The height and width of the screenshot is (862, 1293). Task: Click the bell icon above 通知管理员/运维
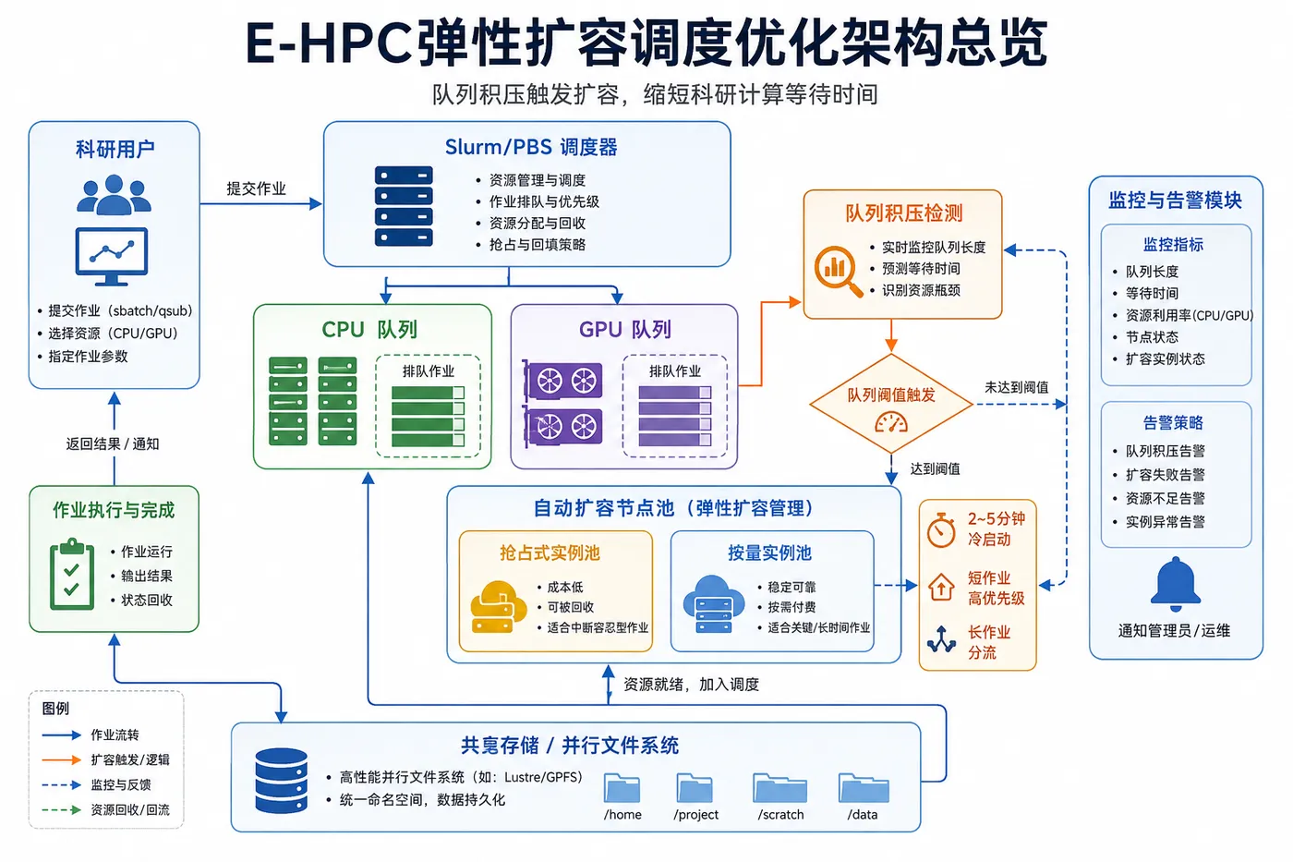(x=1175, y=584)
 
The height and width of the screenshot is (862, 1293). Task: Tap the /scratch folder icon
(x=779, y=787)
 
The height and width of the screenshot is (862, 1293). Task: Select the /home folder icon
(x=622, y=787)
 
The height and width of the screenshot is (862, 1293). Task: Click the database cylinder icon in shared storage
(x=281, y=781)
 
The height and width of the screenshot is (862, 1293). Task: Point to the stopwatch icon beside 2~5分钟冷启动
(x=941, y=530)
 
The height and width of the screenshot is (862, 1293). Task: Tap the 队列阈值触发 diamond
(x=891, y=403)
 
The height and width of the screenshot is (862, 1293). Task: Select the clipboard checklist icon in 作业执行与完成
(x=72, y=574)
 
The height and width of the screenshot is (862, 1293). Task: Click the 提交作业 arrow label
(x=256, y=188)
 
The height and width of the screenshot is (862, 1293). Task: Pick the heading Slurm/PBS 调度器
(x=531, y=147)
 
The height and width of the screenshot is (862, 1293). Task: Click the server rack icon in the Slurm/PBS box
(x=404, y=206)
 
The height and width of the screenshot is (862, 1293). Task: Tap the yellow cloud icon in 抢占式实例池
(x=498, y=606)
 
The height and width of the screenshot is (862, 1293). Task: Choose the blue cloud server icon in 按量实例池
(x=713, y=604)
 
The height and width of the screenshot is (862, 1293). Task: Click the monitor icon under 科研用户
(x=112, y=256)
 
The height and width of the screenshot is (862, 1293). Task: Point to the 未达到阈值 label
(x=1016, y=387)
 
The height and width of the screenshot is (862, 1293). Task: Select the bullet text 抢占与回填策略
(x=537, y=245)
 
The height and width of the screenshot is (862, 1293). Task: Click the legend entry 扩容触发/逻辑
(x=130, y=759)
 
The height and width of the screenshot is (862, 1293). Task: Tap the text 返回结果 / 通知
(x=113, y=444)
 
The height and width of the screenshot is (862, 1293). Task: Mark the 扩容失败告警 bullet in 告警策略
(x=1165, y=475)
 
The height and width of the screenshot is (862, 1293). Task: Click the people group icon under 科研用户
(x=114, y=195)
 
